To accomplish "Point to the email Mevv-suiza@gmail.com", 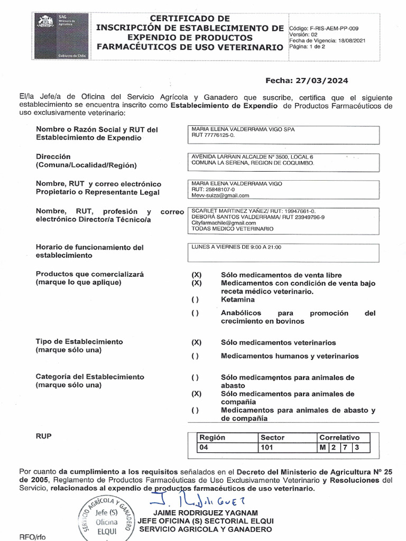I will (x=220, y=195).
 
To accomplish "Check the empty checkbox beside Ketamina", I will (x=196, y=300).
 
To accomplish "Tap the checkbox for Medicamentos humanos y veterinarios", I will (x=196, y=356).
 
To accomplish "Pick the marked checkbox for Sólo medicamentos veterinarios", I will (x=196, y=342).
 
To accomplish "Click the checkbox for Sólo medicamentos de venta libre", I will (x=196, y=275).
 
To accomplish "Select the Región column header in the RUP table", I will (x=212, y=437).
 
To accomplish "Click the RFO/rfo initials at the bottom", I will (x=33, y=536).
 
